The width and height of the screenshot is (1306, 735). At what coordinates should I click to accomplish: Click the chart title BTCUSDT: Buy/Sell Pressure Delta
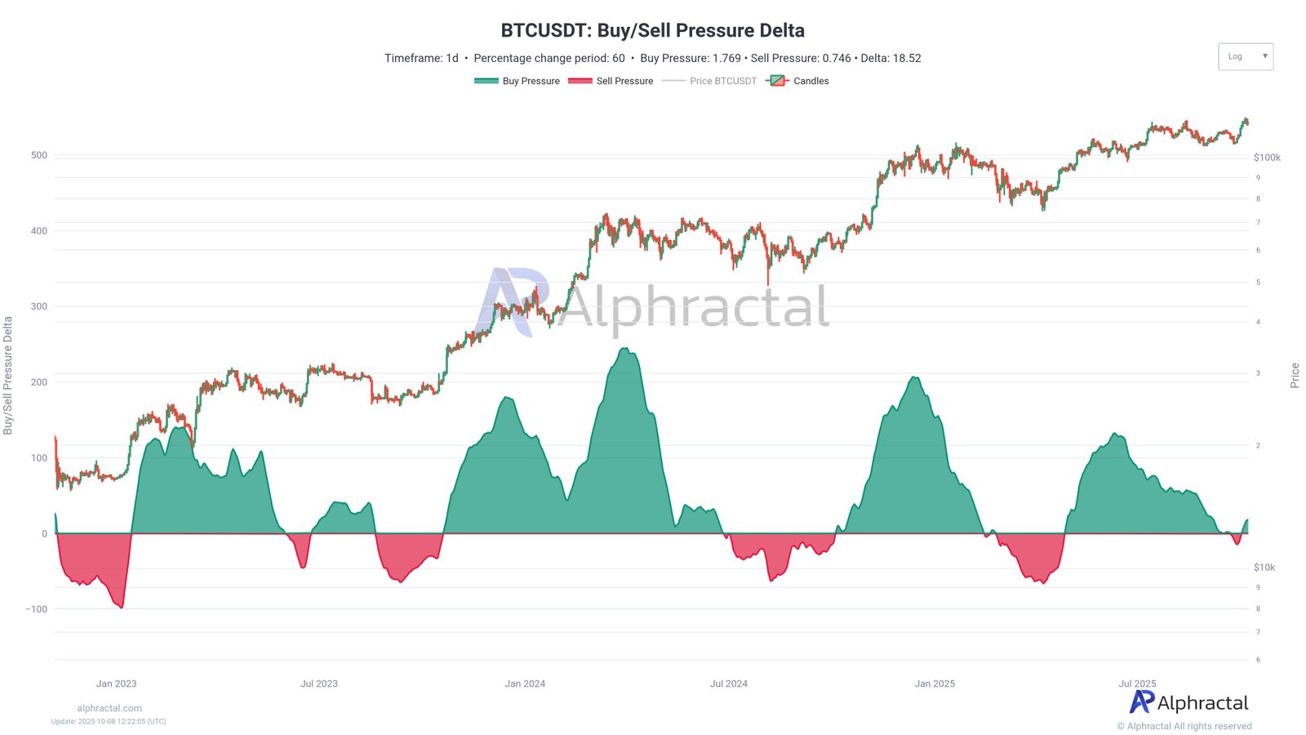click(652, 30)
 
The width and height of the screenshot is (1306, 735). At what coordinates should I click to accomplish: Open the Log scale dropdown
click(1245, 56)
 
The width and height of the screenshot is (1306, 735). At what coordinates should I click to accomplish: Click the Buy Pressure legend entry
click(518, 81)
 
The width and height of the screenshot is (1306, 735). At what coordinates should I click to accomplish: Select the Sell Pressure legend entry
click(611, 81)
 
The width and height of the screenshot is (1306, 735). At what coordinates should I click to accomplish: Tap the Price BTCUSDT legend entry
click(709, 81)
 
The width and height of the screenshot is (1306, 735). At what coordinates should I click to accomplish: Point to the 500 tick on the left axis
click(39, 155)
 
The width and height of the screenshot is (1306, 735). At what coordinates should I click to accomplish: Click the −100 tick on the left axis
click(37, 609)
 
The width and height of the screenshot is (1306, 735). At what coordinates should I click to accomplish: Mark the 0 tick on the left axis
click(45, 534)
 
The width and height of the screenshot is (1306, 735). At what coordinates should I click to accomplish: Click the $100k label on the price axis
click(1267, 158)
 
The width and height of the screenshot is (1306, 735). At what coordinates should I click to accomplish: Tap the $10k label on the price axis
click(1264, 568)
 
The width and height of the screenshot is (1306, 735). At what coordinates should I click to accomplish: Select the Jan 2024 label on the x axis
click(525, 684)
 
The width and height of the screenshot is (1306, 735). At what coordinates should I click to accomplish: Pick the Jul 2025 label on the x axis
click(1137, 684)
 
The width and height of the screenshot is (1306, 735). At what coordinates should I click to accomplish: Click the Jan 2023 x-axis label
click(116, 684)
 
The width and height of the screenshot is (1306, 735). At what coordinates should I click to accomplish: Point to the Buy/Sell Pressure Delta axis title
click(8, 376)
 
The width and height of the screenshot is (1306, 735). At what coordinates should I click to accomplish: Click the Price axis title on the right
click(1295, 376)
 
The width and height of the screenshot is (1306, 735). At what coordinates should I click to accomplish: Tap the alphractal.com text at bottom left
click(109, 708)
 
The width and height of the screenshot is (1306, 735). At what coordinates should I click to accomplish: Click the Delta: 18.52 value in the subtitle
click(891, 58)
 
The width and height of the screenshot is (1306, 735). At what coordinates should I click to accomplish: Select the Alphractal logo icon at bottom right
click(1142, 702)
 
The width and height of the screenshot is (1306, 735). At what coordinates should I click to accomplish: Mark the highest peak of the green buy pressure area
click(625, 349)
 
